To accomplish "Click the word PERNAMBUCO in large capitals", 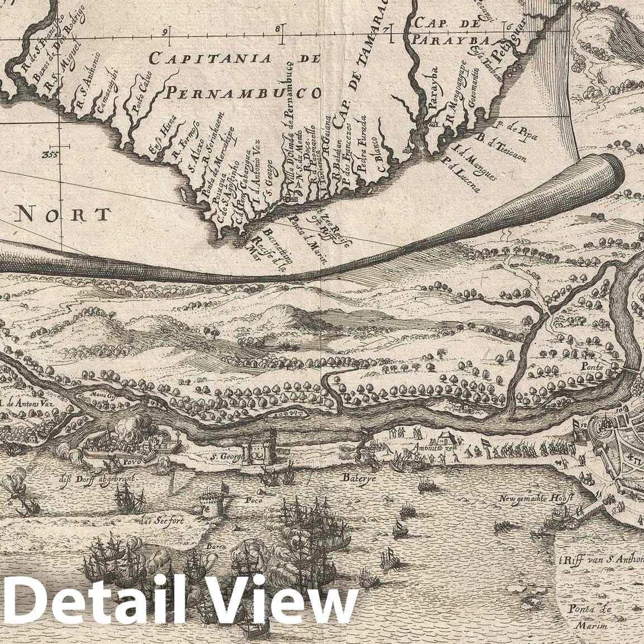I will click(x=244, y=93).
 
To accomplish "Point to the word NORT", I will click(x=63, y=214).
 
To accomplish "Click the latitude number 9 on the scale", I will click(x=166, y=32).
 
